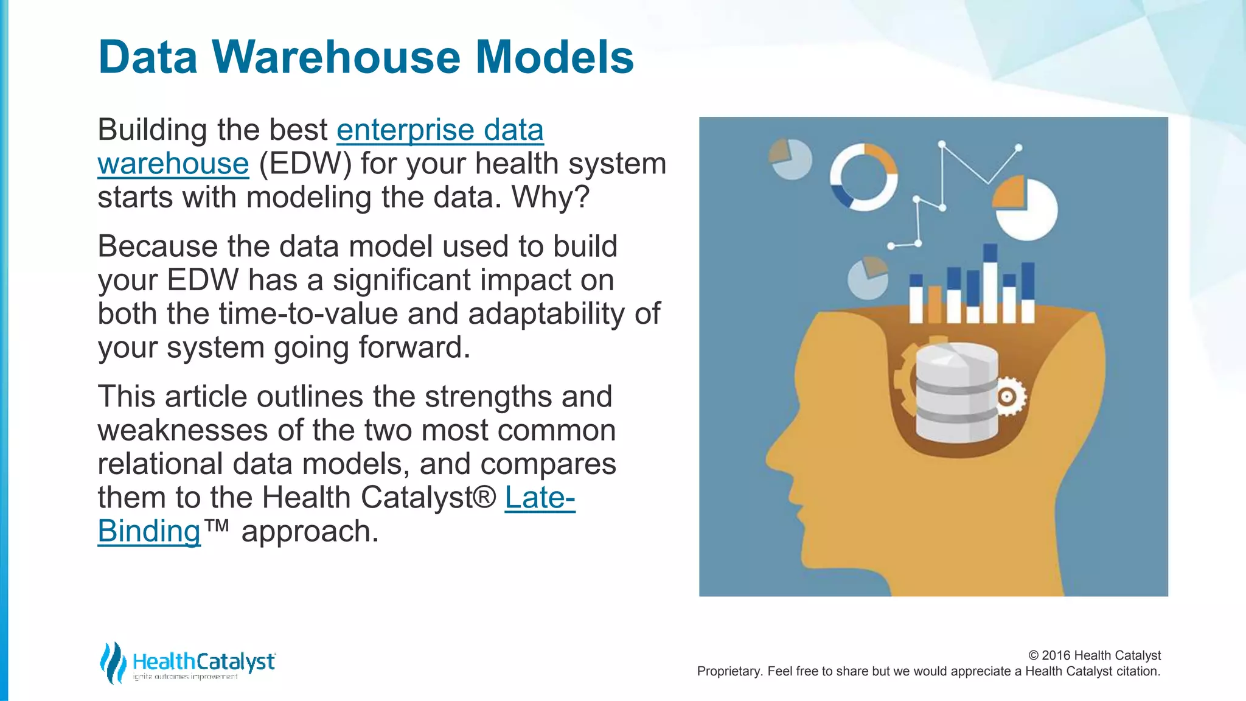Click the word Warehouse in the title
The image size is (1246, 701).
click(337, 57)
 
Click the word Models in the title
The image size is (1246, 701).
click(554, 57)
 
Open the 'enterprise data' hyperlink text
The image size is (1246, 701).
click(440, 130)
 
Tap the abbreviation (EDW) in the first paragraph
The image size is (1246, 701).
click(305, 164)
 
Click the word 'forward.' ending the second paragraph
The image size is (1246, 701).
click(414, 347)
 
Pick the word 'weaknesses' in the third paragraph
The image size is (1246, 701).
click(183, 430)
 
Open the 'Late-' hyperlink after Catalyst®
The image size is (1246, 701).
click(540, 498)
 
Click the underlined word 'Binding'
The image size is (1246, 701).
click(149, 531)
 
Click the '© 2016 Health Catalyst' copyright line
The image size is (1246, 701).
click(1094, 655)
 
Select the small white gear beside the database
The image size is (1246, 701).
click(1008, 397)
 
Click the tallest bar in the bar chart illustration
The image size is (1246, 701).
click(990, 283)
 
